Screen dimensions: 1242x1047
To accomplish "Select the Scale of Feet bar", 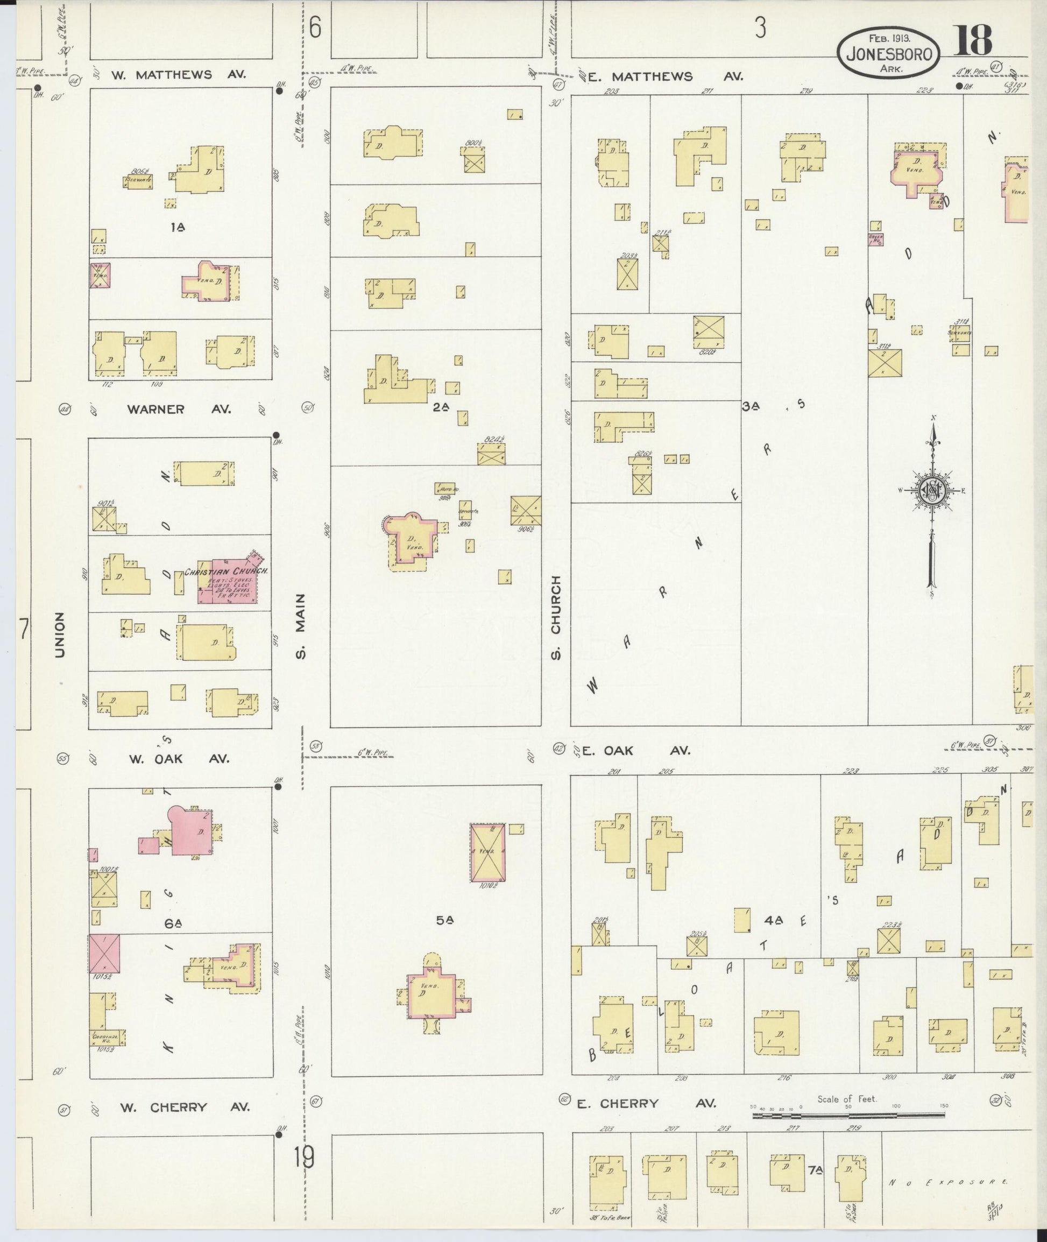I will tap(850, 1116).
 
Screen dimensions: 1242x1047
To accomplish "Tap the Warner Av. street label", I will tap(179, 409).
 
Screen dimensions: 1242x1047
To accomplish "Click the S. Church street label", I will tap(556, 617).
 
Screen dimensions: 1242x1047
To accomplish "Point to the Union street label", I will tap(59, 634).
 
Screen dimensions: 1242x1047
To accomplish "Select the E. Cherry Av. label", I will tap(646, 1104).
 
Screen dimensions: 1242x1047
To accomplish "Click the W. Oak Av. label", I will tap(178, 759).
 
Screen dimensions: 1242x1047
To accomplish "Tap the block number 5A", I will tap(444, 920).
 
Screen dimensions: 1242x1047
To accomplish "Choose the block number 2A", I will tap(441, 407).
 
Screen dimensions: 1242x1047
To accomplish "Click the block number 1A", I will tap(178, 226).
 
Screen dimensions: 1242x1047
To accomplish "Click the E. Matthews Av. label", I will tap(665, 76).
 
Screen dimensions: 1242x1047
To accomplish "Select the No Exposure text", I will tap(948, 1183).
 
